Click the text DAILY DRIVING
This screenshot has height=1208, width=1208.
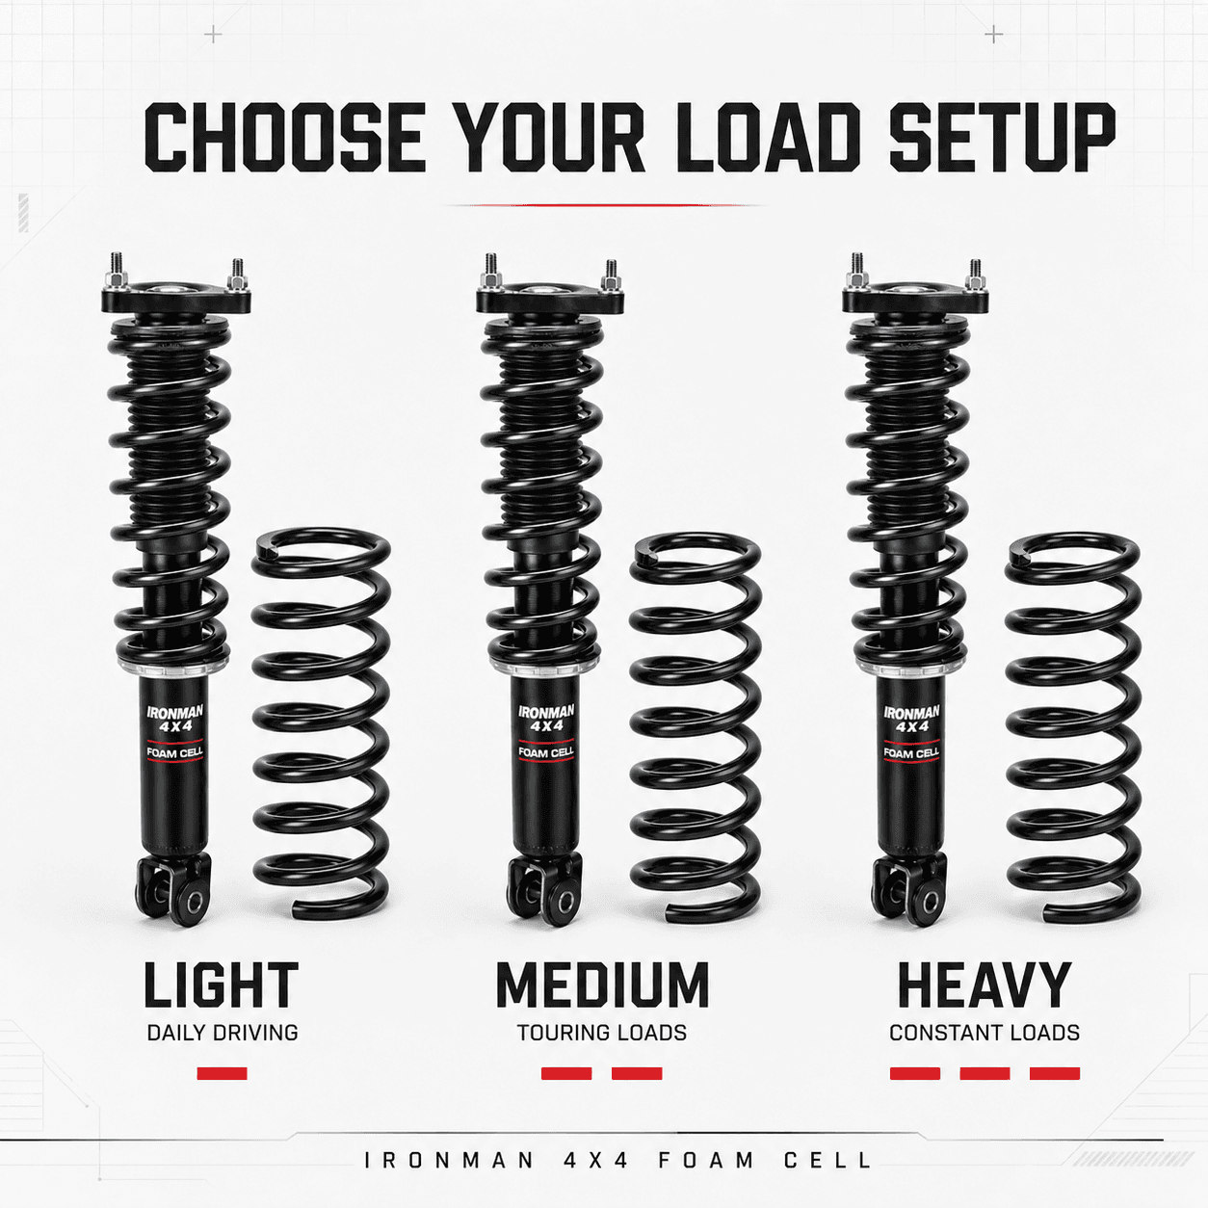pos(223,1033)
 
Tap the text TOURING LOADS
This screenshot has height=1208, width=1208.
pos(602,1033)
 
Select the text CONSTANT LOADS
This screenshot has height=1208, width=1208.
pos(985,1033)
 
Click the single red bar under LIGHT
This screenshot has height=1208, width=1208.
pos(222,1074)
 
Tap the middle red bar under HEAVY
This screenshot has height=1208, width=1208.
pos(985,1074)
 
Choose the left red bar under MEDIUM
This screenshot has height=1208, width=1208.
pos(566,1074)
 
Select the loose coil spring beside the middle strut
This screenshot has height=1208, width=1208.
pos(696,728)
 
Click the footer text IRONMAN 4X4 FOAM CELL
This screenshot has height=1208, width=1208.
pos(618,1161)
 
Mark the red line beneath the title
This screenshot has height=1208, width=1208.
pos(603,205)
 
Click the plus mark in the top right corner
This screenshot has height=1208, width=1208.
pos(993,34)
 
